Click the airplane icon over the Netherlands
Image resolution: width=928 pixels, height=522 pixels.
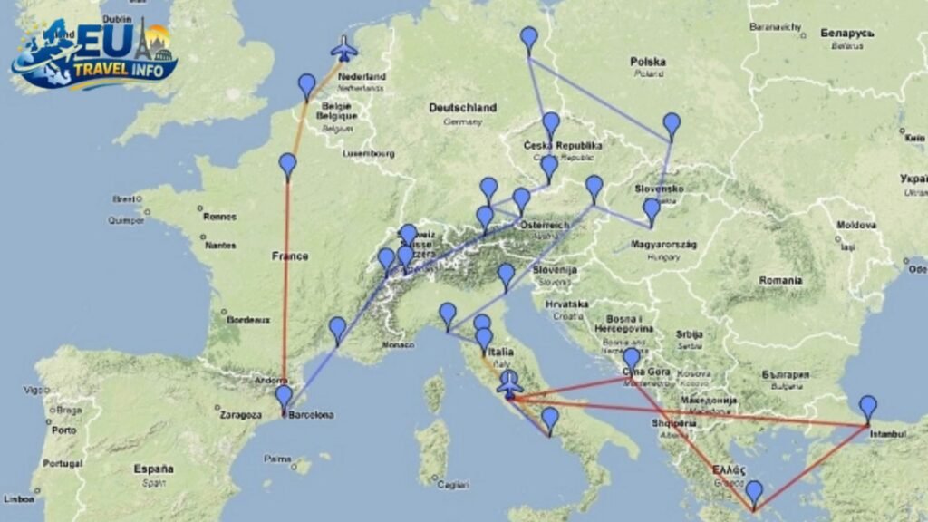tap(343, 48)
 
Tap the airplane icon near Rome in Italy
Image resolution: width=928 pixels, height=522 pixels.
tap(510, 384)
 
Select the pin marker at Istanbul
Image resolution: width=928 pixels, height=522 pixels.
tap(868, 408)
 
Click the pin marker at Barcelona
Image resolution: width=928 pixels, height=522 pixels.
tap(284, 397)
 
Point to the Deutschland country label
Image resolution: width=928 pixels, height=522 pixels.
tap(462, 108)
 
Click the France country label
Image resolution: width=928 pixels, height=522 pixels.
tap(290, 256)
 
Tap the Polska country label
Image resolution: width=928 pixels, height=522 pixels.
tap(648, 62)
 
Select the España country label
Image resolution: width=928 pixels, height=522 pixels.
tap(154, 469)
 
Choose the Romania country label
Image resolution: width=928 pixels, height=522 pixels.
tap(781, 281)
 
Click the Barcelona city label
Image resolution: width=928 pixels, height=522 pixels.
tap(310, 416)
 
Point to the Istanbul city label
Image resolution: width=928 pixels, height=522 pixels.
tap(887, 435)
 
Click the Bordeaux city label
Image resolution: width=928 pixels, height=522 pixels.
tap(248, 320)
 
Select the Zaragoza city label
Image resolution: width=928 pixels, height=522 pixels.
tap(240, 415)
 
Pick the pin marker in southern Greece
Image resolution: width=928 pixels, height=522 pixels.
tap(754, 493)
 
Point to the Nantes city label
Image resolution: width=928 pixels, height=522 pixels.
tap(220, 245)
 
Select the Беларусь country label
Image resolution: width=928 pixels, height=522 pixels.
tap(846, 33)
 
